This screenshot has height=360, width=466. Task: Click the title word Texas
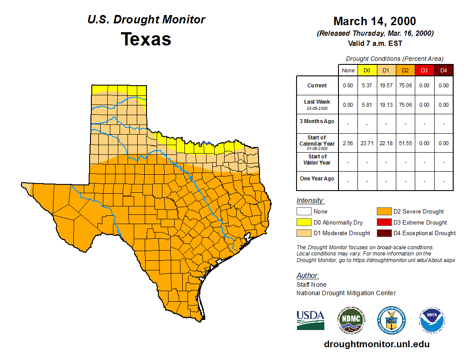coord(146,39)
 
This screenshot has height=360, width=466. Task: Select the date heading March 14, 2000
coord(375,21)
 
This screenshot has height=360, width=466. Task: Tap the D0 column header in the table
coord(367,71)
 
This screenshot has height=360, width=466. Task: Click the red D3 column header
coord(424,71)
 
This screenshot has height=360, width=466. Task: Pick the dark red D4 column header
coord(443,71)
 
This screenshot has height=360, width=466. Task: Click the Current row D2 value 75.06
coord(405,86)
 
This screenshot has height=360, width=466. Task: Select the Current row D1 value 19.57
coord(386,86)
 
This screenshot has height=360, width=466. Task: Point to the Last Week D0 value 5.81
coord(367,105)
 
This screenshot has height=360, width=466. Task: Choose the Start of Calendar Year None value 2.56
coord(348,143)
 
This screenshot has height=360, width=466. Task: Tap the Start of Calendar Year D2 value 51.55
coord(405,143)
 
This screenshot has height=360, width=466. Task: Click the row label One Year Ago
coord(317,179)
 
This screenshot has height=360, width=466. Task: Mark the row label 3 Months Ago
coord(317,121)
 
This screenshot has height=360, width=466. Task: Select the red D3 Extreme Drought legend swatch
coord(384,222)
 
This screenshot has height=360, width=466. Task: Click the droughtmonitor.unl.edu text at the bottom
coord(376,344)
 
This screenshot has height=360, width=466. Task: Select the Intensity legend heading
coord(310,201)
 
